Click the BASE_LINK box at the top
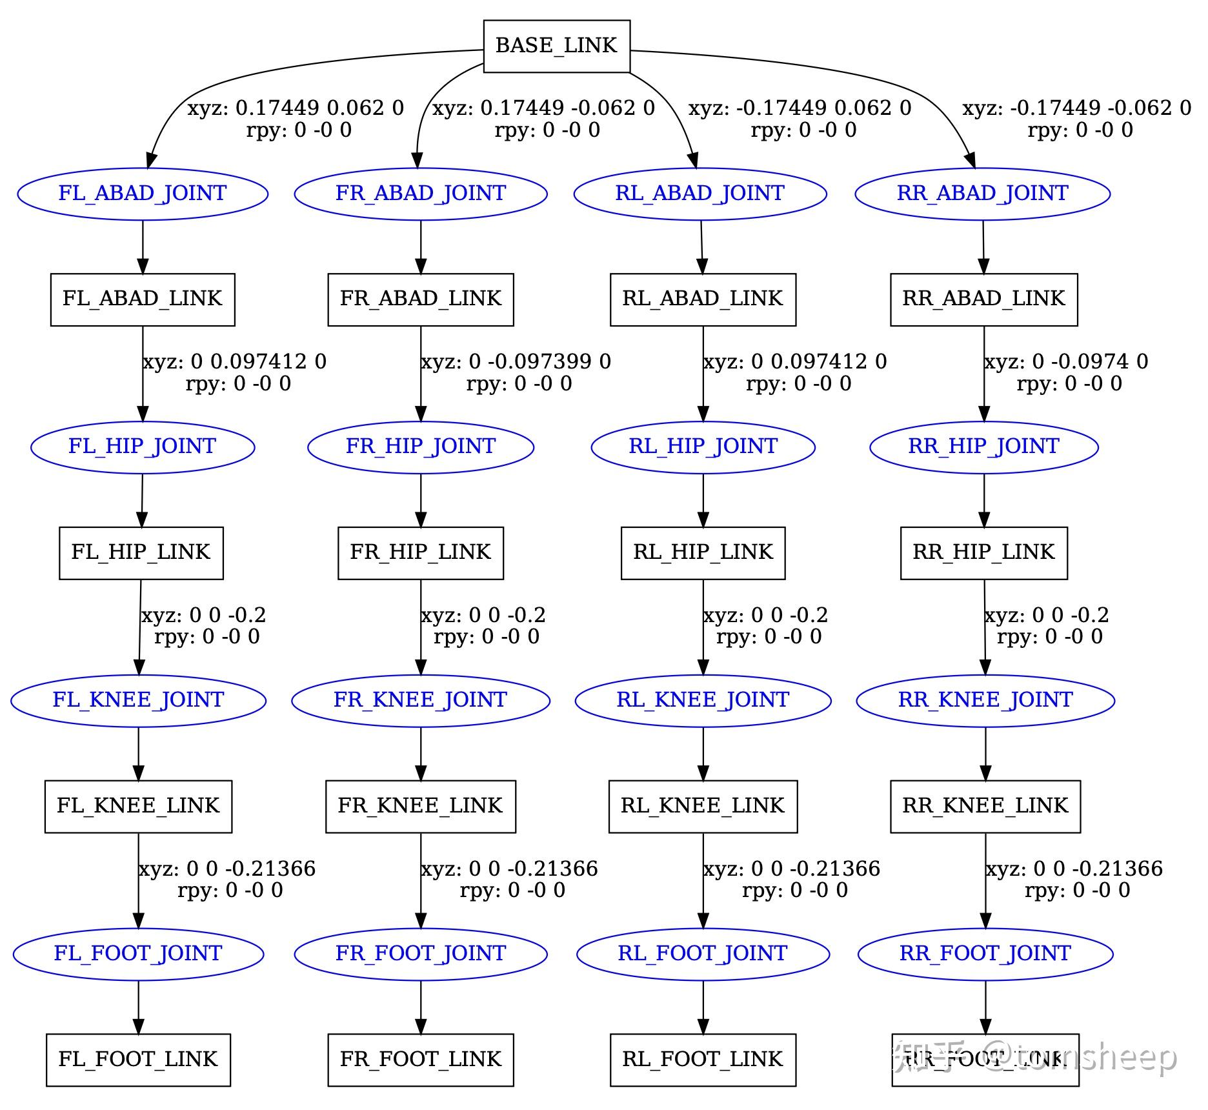[x=556, y=46]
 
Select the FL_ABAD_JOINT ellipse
[x=143, y=194]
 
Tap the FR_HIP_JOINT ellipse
[x=421, y=447]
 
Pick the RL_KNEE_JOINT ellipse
[x=703, y=700]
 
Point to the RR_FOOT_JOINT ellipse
[x=985, y=954]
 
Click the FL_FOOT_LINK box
[x=138, y=1060]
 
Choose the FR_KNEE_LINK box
[x=421, y=806]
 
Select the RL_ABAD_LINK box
[x=703, y=299]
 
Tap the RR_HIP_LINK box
[x=984, y=552]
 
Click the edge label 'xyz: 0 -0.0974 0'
[x=1066, y=361]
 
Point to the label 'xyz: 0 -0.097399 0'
[x=516, y=361]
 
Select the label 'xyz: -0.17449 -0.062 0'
[x=1077, y=108]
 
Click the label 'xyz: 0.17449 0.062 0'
[x=296, y=108]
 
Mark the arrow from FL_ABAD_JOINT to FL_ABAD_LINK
[x=143, y=247]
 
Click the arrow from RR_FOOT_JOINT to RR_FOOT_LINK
[x=985, y=1007]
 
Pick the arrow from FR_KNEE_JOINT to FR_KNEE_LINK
[x=421, y=754]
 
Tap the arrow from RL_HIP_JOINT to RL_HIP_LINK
[x=703, y=500]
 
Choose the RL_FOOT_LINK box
[x=703, y=1060]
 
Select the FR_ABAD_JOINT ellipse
[x=421, y=194]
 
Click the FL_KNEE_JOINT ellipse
[x=138, y=700]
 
